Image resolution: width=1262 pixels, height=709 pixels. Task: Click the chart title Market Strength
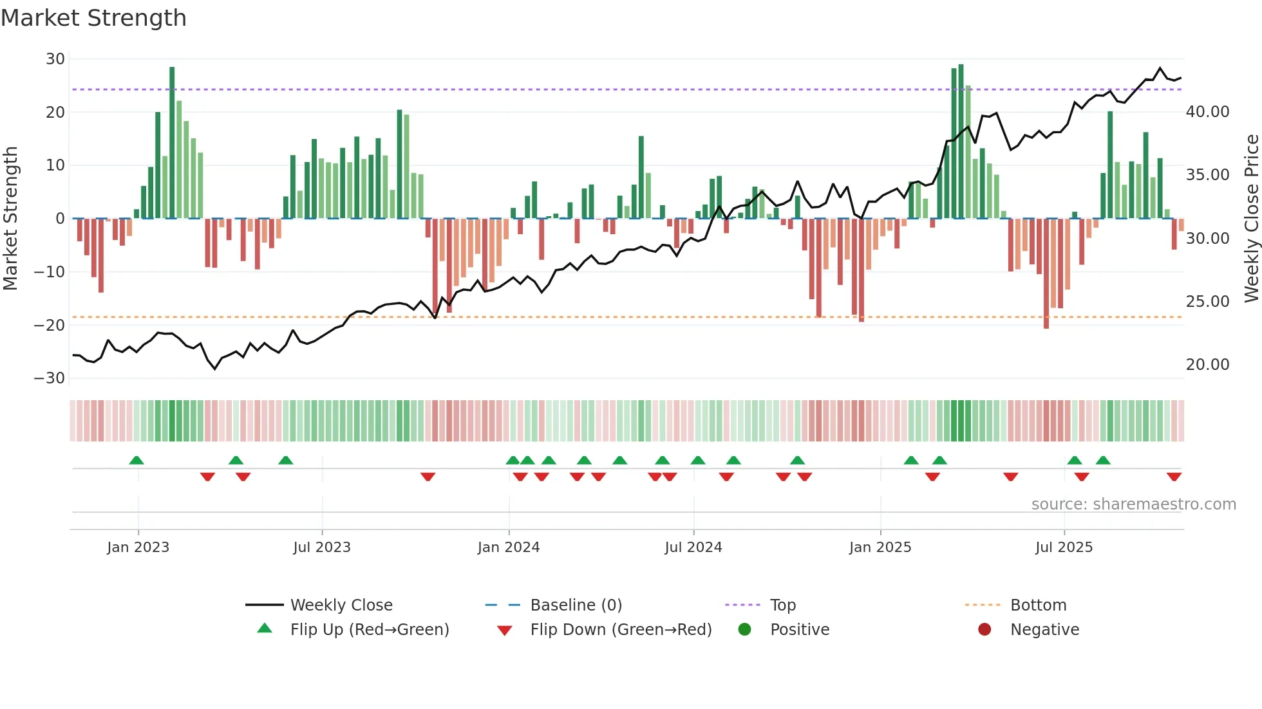[x=93, y=18]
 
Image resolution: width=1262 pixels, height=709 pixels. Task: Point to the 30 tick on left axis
[x=55, y=59]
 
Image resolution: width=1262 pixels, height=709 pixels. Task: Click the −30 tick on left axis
[x=50, y=378]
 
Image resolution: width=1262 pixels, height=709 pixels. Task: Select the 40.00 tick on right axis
[x=1207, y=112]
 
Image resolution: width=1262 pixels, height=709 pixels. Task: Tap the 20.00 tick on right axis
[x=1207, y=365]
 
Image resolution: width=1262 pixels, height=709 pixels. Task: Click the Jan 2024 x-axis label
[x=508, y=548]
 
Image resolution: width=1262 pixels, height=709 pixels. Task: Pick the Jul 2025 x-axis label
[x=1064, y=548]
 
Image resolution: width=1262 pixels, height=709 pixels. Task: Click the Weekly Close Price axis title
[x=1251, y=218]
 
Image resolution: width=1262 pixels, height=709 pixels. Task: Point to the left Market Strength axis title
[x=10, y=218]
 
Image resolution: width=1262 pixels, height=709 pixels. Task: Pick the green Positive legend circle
[x=745, y=630]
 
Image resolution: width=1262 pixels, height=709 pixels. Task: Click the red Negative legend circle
[x=984, y=630]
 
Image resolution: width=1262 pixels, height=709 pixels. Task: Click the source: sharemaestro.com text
[x=1133, y=504]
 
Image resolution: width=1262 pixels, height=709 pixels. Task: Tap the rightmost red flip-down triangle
[x=1174, y=477]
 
